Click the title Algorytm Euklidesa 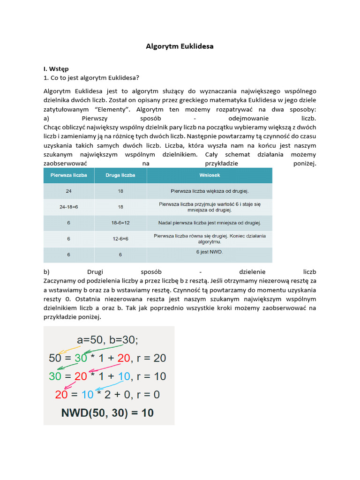pyautogui.click(x=180, y=46)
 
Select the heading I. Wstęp pyautogui.click(x=56, y=68)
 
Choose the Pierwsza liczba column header pyautogui.click(x=68, y=175)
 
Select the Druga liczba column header pyautogui.click(x=120, y=175)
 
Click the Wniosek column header pyautogui.click(x=209, y=175)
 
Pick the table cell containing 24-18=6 pyautogui.click(x=68, y=207)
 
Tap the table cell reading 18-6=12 pyautogui.click(x=120, y=223)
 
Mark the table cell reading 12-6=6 pyautogui.click(x=120, y=239)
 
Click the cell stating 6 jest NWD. pyautogui.click(x=209, y=252)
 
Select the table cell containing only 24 pyautogui.click(x=68, y=191)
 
